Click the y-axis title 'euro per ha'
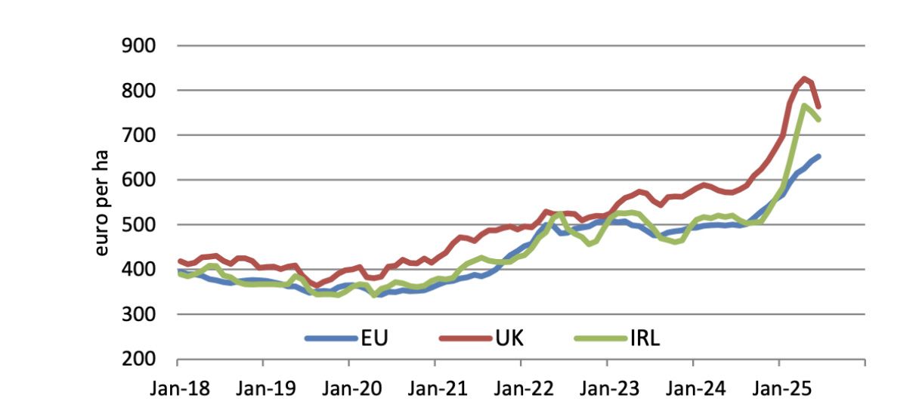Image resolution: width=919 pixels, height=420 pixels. (101, 202)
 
